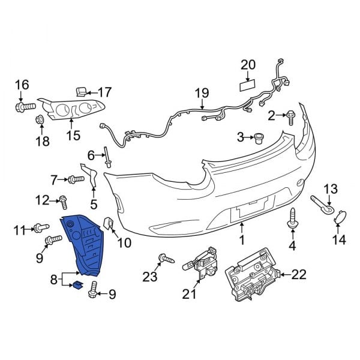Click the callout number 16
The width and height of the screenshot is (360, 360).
[x=22, y=85]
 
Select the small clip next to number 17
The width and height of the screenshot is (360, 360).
[x=81, y=91]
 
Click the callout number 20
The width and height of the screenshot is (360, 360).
[x=248, y=64]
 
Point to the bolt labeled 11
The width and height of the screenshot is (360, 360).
[x=40, y=228]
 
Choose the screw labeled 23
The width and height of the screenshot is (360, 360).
[x=166, y=260]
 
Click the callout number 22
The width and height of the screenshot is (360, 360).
[x=299, y=275]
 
